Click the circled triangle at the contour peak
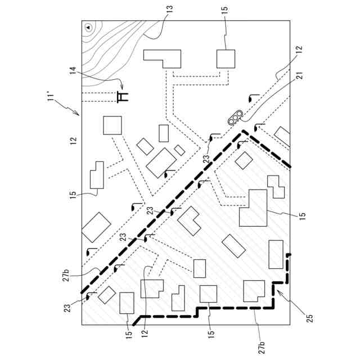point(88,27)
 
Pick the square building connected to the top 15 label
point(226,59)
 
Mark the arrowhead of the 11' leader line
point(79,114)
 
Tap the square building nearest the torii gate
point(112,125)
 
